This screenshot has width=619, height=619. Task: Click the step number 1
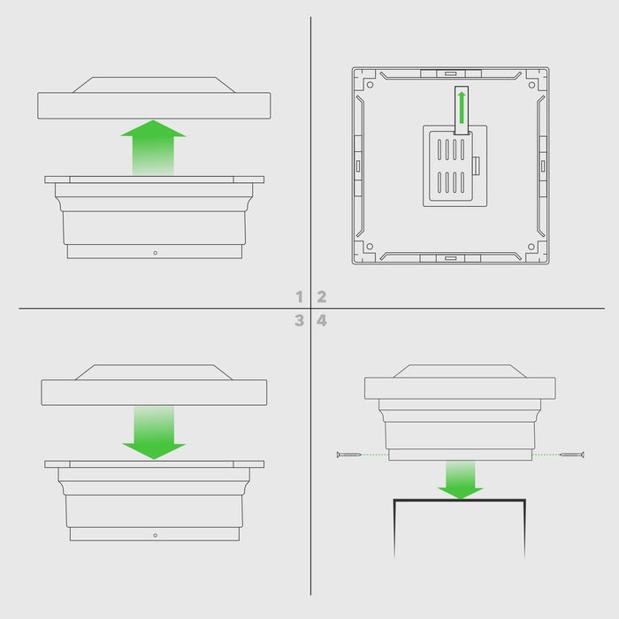pos(299,296)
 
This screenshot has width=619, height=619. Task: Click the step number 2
pos(322,296)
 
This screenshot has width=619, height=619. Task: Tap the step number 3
pos(299,320)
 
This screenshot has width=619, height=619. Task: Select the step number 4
pos(322,320)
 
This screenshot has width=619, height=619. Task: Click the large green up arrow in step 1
pos(153,148)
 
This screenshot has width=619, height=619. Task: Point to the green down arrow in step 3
pos(154,432)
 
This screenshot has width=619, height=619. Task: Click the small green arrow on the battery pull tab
pos(462,107)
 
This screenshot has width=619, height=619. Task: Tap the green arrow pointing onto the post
pos(461,479)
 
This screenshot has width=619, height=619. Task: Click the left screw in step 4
pos(348,455)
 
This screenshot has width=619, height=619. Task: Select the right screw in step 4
pos(572,455)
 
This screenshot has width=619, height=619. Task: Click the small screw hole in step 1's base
pos(155,253)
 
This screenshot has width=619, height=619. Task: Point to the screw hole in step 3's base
pos(155,535)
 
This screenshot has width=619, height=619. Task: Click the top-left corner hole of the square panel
pos(370,85)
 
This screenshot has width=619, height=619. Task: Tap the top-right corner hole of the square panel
pos(531,85)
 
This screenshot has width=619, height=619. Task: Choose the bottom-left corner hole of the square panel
pos(370,247)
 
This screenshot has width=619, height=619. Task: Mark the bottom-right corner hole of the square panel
pos(531,247)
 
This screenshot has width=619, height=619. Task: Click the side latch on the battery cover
pos(476,166)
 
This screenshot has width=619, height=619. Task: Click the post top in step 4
pos(460,501)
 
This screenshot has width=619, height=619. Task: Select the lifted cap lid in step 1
pos(154,98)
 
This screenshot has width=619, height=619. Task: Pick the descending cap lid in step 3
pos(154,385)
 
